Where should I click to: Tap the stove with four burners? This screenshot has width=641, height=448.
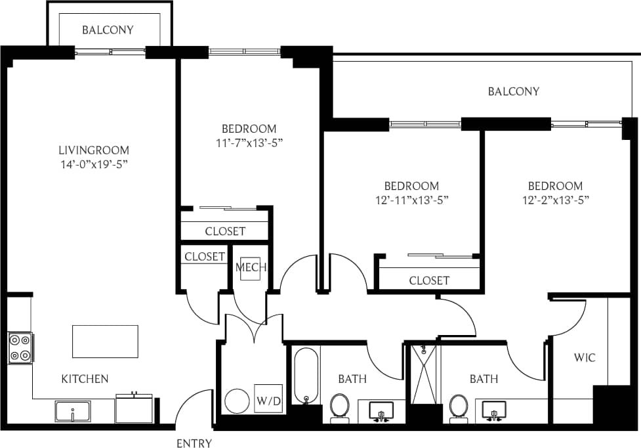pyautogui.click(x=20, y=348)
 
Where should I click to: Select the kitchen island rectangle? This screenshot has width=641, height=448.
pyautogui.click(x=105, y=342)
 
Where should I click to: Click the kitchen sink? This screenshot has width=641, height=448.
pyautogui.click(x=72, y=413)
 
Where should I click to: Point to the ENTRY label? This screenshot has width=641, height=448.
pyautogui.click(x=194, y=443)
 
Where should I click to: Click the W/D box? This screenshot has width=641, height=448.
pyautogui.click(x=268, y=399)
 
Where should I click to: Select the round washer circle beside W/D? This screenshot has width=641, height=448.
pyautogui.click(x=236, y=401)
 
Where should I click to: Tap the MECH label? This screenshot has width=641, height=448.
pyautogui.click(x=250, y=267)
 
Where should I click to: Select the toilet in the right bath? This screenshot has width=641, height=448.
pyautogui.click(x=459, y=405)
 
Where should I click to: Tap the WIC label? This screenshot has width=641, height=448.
pyautogui.click(x=585, y=358)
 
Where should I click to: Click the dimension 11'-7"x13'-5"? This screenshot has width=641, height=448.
pyautogui.click(x=249, y=143)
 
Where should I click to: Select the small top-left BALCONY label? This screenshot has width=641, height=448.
pyautogui.click(x=108, y=30)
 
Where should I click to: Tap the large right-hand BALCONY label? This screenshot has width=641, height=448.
pyautogui.click(x=513, y=91)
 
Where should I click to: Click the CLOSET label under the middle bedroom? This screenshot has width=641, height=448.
pyautogui.click(x=429, y=280)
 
